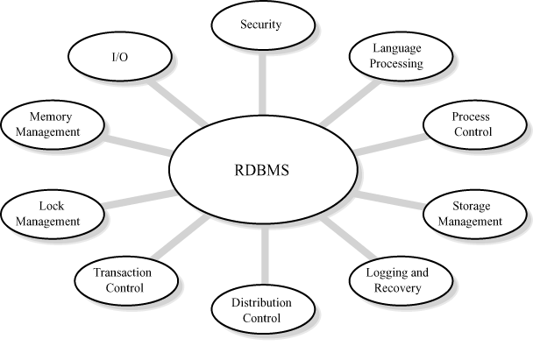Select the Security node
tap(259, 25)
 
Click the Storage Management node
tap(476, 215)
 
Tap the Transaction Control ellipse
tap(123, 279)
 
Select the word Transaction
tap(124, 272)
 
